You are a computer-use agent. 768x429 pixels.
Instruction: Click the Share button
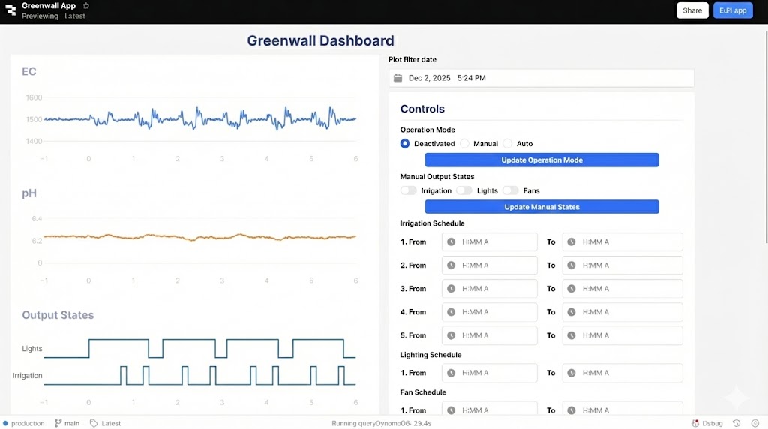692,10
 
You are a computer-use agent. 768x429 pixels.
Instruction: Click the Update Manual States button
541,207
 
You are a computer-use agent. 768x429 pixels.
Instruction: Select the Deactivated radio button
405,143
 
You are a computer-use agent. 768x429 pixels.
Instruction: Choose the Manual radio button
465,143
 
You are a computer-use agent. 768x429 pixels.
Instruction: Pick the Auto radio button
508,143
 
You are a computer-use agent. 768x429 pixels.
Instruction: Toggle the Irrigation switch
409,190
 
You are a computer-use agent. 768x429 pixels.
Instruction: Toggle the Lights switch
464,190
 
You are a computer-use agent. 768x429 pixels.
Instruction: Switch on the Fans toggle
511,190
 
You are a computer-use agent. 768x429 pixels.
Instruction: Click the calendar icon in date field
398,78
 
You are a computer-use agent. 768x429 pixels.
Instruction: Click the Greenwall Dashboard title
320,40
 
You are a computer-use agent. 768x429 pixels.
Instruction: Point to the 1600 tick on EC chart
34,97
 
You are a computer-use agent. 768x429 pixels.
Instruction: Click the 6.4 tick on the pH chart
37,218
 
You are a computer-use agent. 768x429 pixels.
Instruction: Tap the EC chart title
29,71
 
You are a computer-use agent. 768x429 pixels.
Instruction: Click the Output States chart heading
58,315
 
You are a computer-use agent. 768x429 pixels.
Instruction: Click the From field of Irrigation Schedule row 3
490,289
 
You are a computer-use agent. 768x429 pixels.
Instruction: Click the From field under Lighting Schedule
490,373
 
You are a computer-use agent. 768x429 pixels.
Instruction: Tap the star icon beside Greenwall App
85,6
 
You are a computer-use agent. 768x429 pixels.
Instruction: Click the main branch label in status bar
71,423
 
